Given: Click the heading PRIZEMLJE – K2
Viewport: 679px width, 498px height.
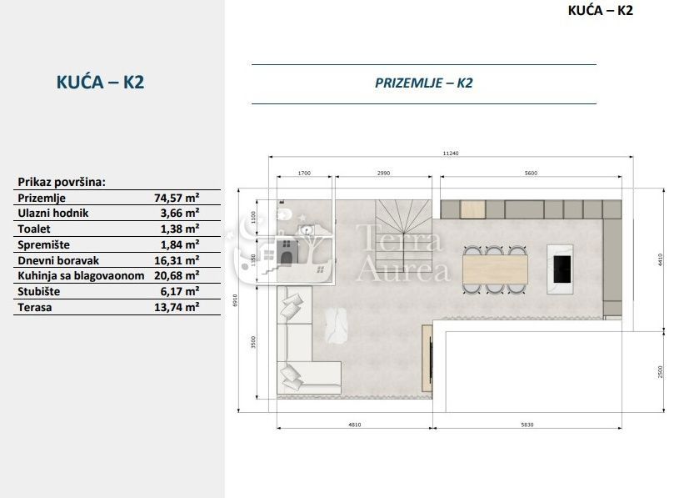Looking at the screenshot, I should [424, 83].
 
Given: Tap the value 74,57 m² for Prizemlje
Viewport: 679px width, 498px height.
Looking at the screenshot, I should [177, 199].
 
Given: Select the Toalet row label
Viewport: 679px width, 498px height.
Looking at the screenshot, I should [34, 229].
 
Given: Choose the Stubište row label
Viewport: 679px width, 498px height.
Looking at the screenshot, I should [39, 292].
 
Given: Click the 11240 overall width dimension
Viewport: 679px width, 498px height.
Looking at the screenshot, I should [451, 153].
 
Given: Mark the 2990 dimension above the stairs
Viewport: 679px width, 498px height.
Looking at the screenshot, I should [384, 173].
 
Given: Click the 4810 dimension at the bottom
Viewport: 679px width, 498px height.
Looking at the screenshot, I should [354, 424].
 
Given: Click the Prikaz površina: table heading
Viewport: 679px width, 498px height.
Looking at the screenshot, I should [62, 182].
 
